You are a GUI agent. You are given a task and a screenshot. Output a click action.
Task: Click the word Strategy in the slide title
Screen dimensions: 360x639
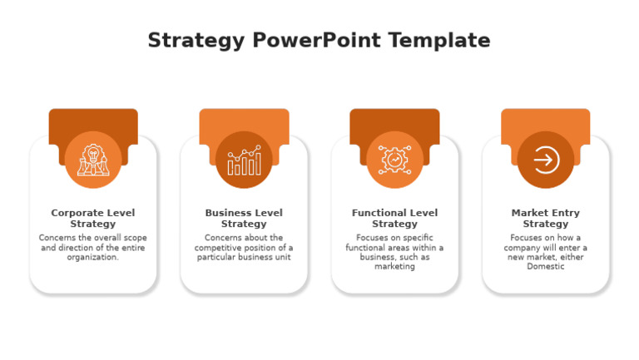coord(196,41)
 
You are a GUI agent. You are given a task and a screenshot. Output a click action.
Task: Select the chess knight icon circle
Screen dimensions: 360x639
coord(93,160)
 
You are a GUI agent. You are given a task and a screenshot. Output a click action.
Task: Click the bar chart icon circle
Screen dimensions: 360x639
coord(244,160)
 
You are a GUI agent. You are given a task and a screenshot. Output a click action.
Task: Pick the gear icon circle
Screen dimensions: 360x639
coord(394,160)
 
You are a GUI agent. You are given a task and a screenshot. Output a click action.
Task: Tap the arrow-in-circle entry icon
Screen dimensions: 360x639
coord(546,160)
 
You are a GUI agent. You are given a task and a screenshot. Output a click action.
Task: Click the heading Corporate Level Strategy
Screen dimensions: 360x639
coord(93,219)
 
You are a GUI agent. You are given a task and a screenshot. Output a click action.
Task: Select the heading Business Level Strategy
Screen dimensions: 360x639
coord(244,219)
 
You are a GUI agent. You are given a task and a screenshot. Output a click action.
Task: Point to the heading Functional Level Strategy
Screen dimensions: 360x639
coord(394,219)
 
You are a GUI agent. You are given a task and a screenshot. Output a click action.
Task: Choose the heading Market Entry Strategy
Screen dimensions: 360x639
coord(546,219)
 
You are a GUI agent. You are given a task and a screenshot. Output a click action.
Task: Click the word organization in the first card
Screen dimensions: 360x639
coord(92,258)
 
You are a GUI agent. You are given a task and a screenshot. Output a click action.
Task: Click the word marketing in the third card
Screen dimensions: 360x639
coord(394,268)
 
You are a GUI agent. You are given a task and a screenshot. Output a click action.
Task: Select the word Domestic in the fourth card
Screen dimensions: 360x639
coord(546,268)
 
